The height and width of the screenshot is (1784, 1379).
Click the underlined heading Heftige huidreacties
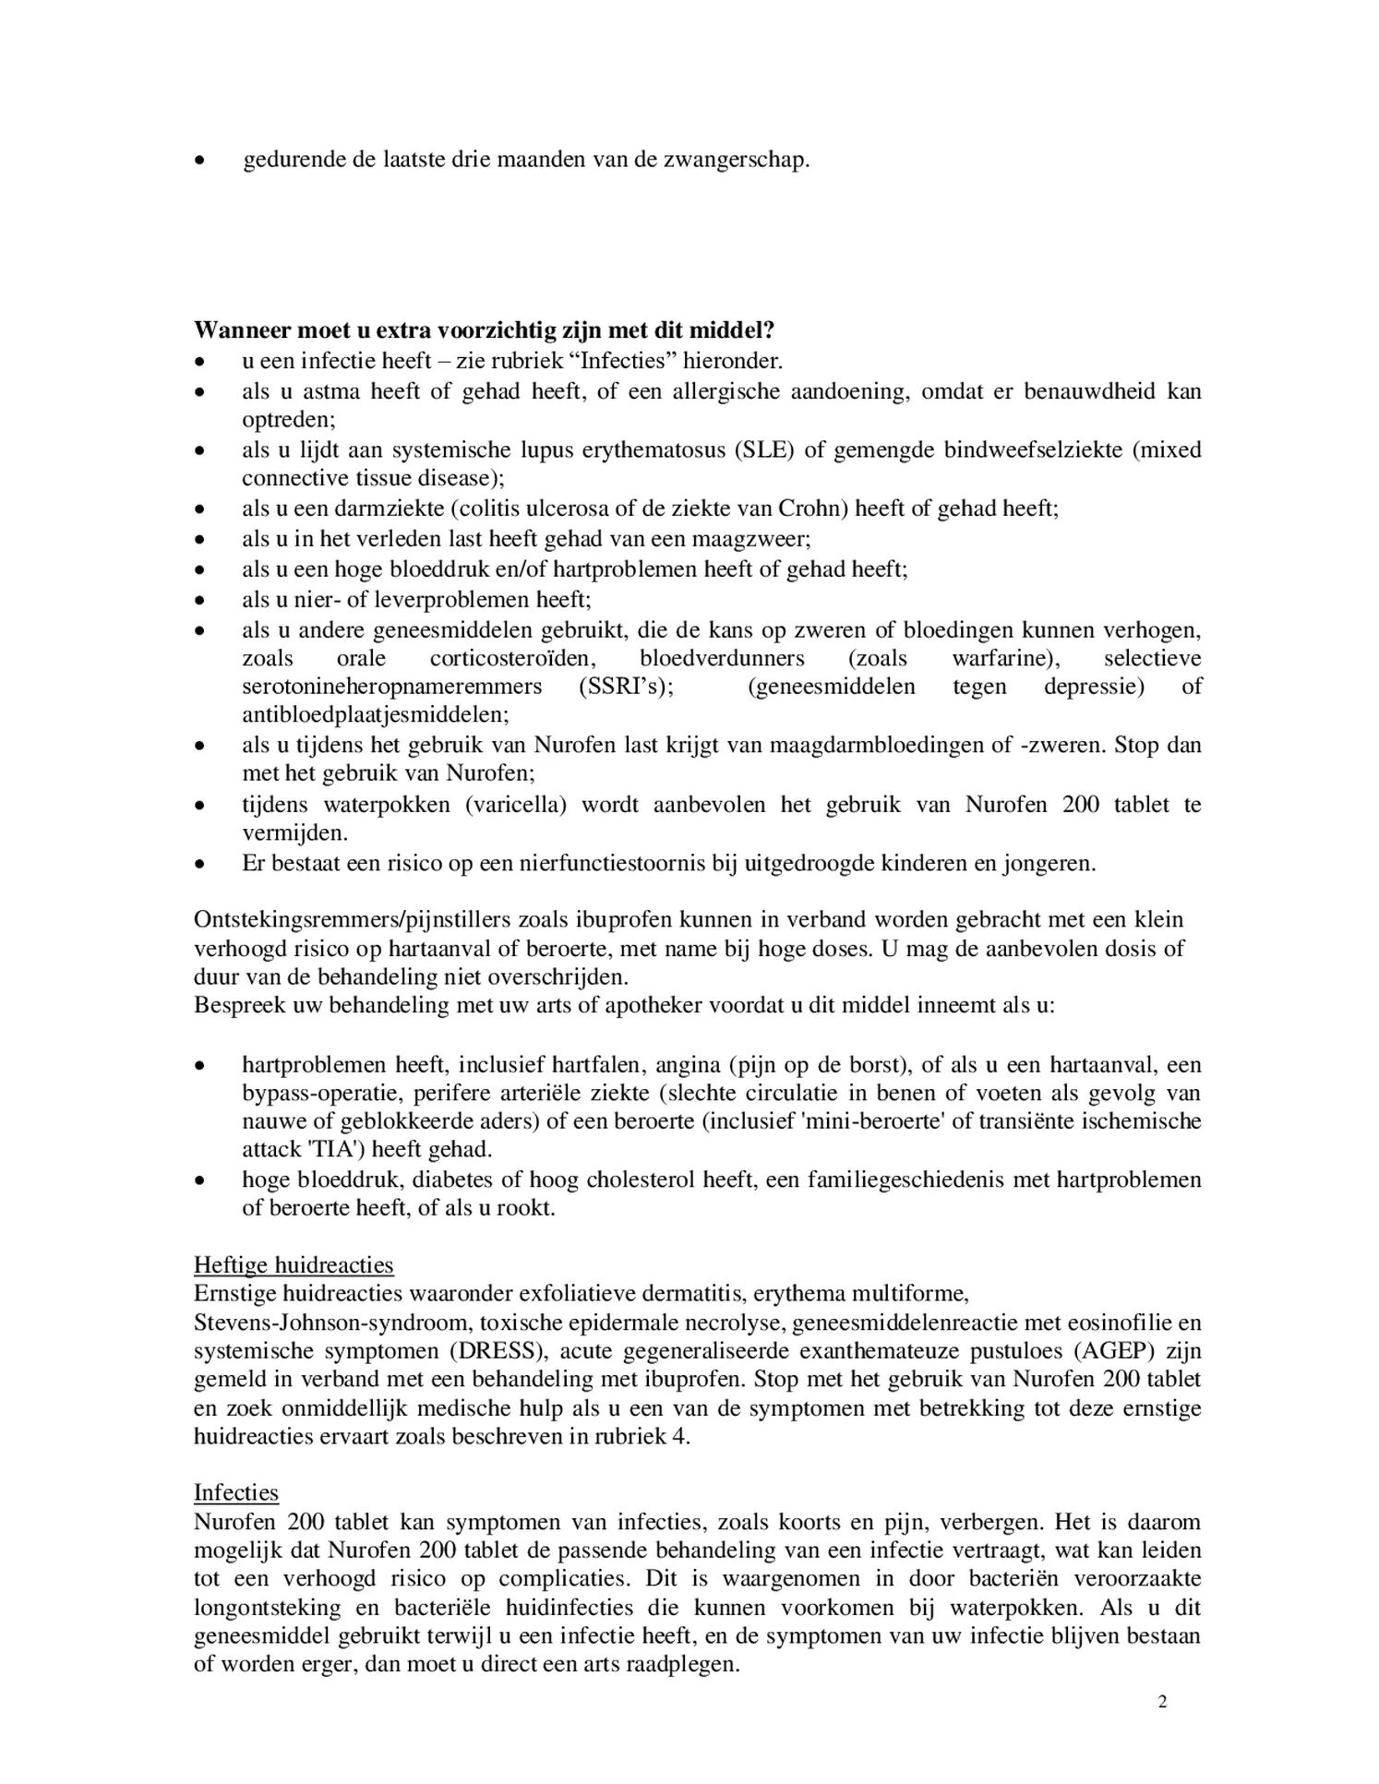pyautogui.click(x=294, y=1264)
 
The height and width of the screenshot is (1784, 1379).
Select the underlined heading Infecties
pyautogui.click(x=236, y=1492)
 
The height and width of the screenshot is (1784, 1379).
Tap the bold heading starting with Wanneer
pyautogui.click(x=484, y=330)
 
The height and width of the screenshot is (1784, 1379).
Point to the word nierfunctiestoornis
pyautogui.click(x=616, y=864)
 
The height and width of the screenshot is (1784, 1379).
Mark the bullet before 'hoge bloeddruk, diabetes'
pyautogui.click(x=198, y=1180)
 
